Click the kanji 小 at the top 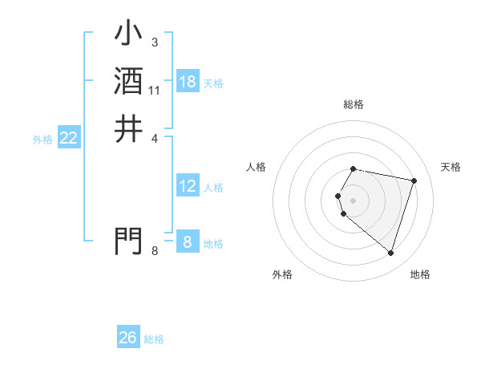(x=128, y=34)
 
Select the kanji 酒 (x=128, y=81)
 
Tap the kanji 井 (x=128, y=128)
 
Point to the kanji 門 (x=128, y=240)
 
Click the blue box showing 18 (x=188, y=82)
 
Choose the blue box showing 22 (x=69, y=138)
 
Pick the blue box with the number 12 (x=188, y=187)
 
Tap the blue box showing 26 (x=128, y=338)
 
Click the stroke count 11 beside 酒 (x=155, y=91)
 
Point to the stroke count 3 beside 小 (x=155, y=42)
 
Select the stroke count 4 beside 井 (x=155, y=138)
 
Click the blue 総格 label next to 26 (x=154, y=339)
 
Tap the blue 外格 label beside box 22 (x=42, y=140)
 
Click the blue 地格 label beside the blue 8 (x=213, y=244)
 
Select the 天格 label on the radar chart (x=451, y=167)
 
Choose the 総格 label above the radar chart (x=354, y=104)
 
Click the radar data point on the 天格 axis (x=414, y=180)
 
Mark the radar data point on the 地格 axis (x=390, y=253)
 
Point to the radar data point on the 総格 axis (x=354, y=168)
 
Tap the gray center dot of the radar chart (x=354, y=200)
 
